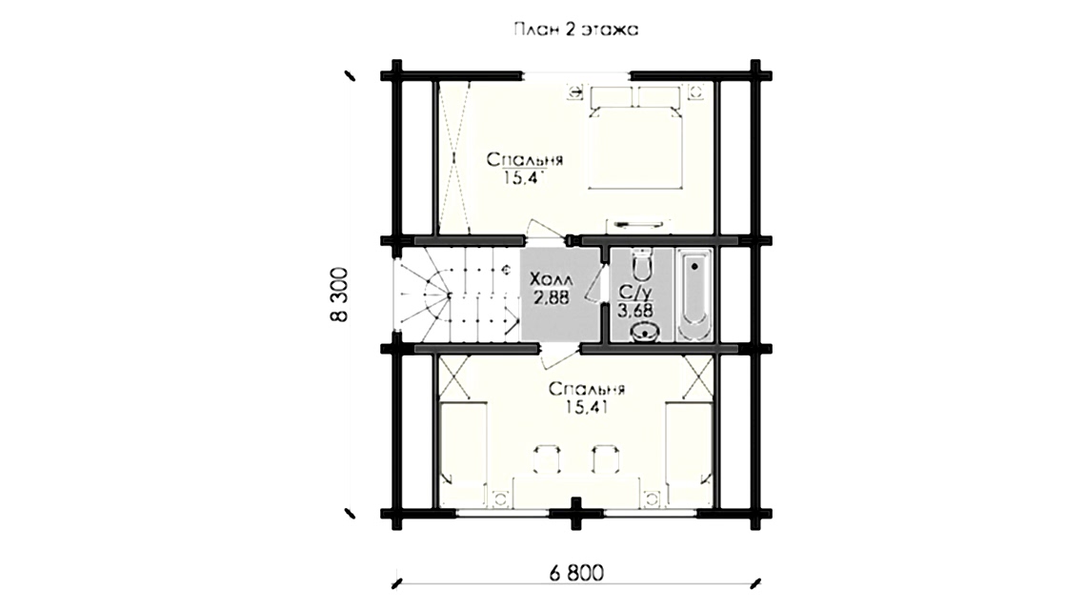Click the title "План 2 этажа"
click(x=575, y=30)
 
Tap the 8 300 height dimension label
click(x=339, y=294)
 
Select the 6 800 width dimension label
click(x=576, y=573)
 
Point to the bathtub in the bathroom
click(x=694, y=295)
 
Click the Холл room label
click(x=551, y=280)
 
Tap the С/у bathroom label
click(x=631, y=292)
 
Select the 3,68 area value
click(x=635, y=310)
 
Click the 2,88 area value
click(x=552, y=298)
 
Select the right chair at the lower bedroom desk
click(x=606, y=458)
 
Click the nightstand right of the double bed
click(x=696, y=91)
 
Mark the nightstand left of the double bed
click(x=574, y=91)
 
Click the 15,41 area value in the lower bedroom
click(x=586, y=408)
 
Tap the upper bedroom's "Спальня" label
click(x=524, y=160)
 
